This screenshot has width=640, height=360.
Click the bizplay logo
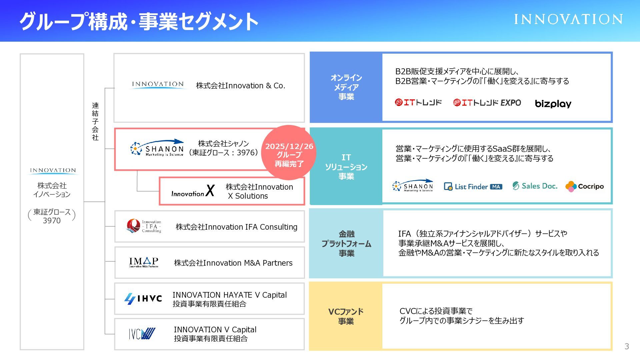coord(553,104)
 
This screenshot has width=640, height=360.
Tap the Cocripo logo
coord(585,186)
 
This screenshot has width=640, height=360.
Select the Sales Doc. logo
coord(535,186)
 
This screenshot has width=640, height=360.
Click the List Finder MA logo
coord(473,187)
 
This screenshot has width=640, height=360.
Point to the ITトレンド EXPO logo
coord(487,103)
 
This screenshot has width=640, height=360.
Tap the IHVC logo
coord(143,299)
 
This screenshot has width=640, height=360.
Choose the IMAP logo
coord(144,262)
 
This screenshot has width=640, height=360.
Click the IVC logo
coord(142,334)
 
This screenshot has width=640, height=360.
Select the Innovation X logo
coord(193,191)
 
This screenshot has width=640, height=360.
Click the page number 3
coord(627,346)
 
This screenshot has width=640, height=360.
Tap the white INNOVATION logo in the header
coord(568,19)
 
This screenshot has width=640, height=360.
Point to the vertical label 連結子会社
coord(95,121)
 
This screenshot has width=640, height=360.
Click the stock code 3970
coord(52,221)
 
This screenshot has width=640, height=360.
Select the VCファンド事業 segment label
coord(346,316)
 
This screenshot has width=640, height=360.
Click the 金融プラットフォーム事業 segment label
coord(346,244)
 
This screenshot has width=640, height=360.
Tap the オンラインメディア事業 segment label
coord(346,87)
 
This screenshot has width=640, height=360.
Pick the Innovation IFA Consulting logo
coord(144,226)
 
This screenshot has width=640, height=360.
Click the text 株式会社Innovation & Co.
coord(240,86)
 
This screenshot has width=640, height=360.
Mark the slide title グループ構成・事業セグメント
coord(139,21)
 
